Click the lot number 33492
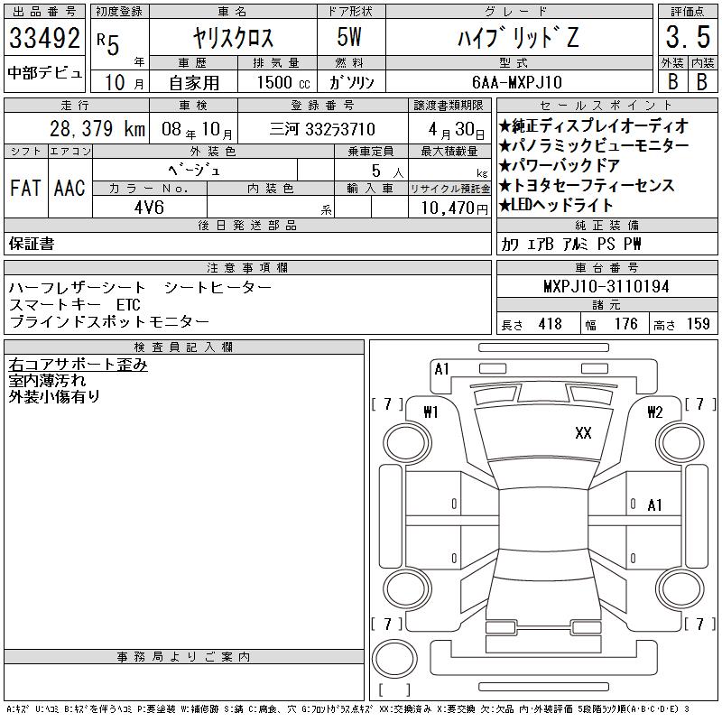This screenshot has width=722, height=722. pos(44,38)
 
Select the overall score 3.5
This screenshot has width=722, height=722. pos(688,37)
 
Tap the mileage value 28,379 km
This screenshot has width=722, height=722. pos(97,129)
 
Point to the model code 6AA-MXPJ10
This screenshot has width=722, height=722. pos(517,82)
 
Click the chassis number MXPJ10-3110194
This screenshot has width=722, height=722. pos(606,286)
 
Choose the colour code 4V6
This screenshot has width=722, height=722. pos(149,208)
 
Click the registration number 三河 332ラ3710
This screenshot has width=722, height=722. pos(322,129)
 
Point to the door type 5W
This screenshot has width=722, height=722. pos(349,37)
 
